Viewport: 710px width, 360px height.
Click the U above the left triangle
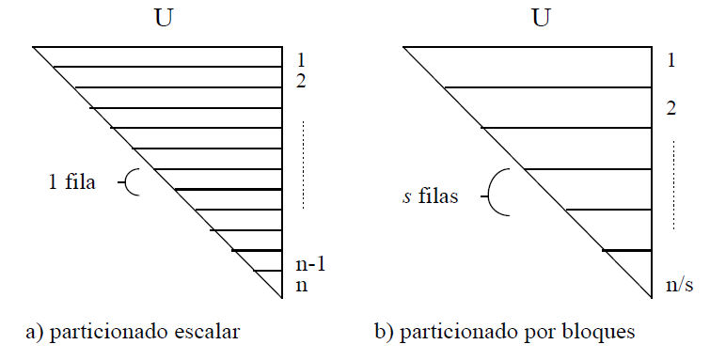pyautogui.click(x=164, y=19)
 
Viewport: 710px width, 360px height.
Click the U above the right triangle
pyautogui.click(x=539, y=19)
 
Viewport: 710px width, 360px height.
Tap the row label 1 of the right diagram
pyautogui.click(x=671, y=62)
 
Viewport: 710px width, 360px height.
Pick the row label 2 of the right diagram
pyautogui.click(x=671, y=108)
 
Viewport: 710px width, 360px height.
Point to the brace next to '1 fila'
pyautogui.click(x=133, y=181)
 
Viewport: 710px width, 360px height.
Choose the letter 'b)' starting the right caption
pyautogui.click(x=382, y=332)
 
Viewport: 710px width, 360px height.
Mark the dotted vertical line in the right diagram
pyautogui.click(x=672, y=185)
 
